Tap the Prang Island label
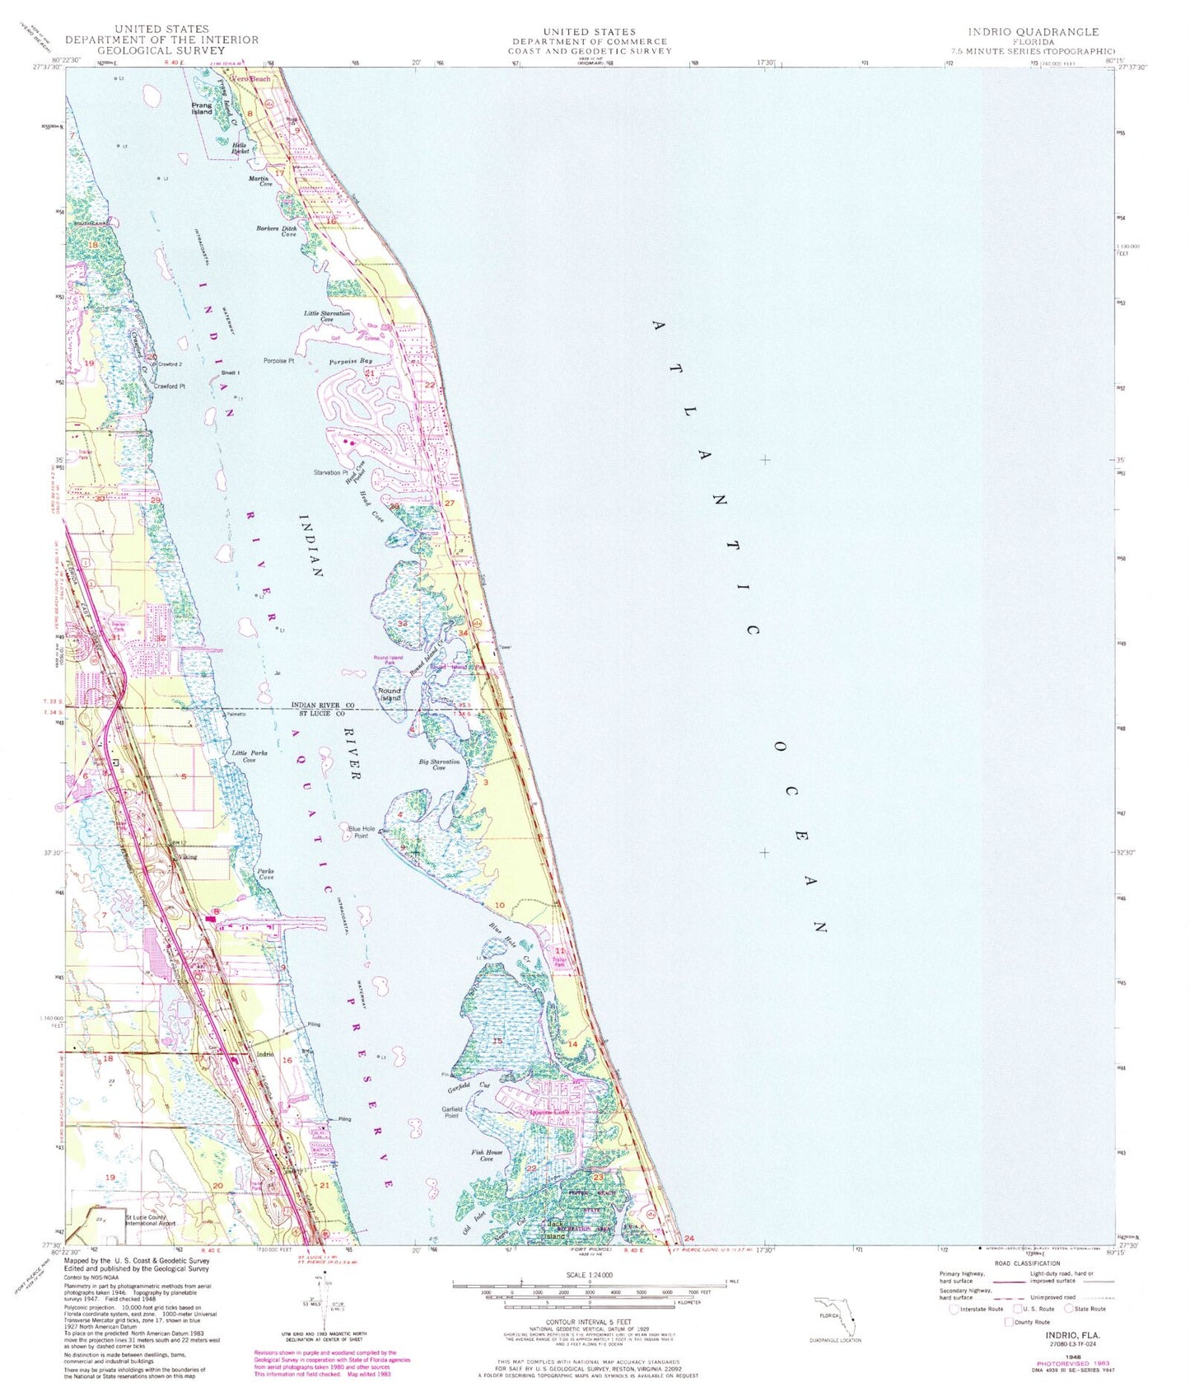202,109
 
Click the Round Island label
390,694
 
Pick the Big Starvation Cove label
439,764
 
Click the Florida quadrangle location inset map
836,1318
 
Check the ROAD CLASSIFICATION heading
1026,1263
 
